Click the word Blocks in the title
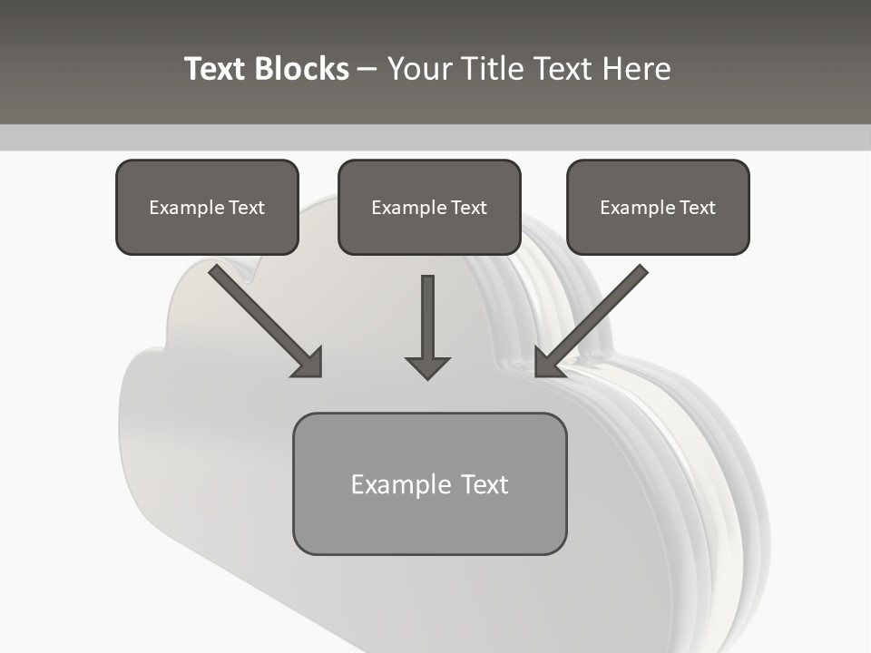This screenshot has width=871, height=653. click(302, 69)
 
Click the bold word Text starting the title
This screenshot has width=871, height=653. click(216, 69)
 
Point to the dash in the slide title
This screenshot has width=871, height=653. click(368, 69)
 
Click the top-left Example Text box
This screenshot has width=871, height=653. click(207, 208)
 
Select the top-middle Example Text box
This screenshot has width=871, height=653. click(429, 208)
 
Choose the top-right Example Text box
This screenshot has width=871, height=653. click(658, 208)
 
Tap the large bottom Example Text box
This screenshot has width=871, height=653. click(429, 484)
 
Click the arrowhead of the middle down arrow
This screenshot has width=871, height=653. click(427, 367)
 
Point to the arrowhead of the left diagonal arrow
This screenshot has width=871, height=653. click(308, 363)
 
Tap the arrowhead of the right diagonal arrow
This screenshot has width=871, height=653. click(547, 363)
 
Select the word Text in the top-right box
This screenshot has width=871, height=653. click(697, 208)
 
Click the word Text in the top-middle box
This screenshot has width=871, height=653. click(468, 208)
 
